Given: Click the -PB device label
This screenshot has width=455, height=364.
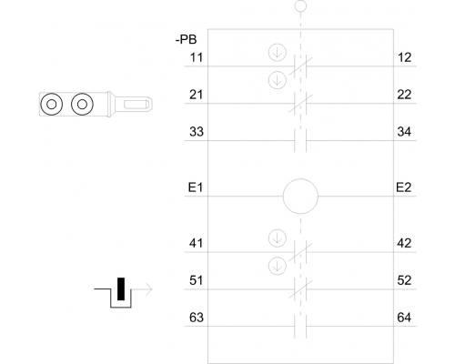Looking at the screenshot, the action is [186, 39].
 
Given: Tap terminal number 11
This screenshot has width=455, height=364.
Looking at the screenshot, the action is [196, 57].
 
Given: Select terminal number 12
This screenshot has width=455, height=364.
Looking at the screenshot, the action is [404, 57].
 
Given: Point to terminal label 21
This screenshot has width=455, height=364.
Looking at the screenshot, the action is [196, 95].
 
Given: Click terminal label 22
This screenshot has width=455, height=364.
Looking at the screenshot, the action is [404, 95].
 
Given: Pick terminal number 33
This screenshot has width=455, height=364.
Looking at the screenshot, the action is [197, 132].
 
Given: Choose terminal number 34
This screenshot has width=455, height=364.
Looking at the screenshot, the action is [404, 132].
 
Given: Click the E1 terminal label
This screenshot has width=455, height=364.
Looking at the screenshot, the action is [196, 187].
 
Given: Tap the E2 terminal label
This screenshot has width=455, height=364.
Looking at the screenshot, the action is [404, 187].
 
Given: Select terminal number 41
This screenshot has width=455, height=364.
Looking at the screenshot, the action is [196, 243].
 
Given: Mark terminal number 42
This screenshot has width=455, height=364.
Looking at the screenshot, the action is [404, 243].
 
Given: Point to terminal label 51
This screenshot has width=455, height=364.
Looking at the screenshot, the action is [196, 280].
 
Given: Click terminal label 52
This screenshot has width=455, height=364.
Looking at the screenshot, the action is [404, 280].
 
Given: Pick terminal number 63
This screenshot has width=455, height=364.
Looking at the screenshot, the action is [197, 318].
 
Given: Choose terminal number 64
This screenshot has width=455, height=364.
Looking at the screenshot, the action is [404, 318].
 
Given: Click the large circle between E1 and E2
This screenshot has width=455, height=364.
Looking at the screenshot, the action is [300, 179].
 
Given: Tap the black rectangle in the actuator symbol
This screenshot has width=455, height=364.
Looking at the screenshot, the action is [121, 288].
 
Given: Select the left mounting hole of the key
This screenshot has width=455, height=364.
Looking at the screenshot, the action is [52, 94].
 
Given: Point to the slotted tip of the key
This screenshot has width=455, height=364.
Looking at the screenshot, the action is [135, 105].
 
